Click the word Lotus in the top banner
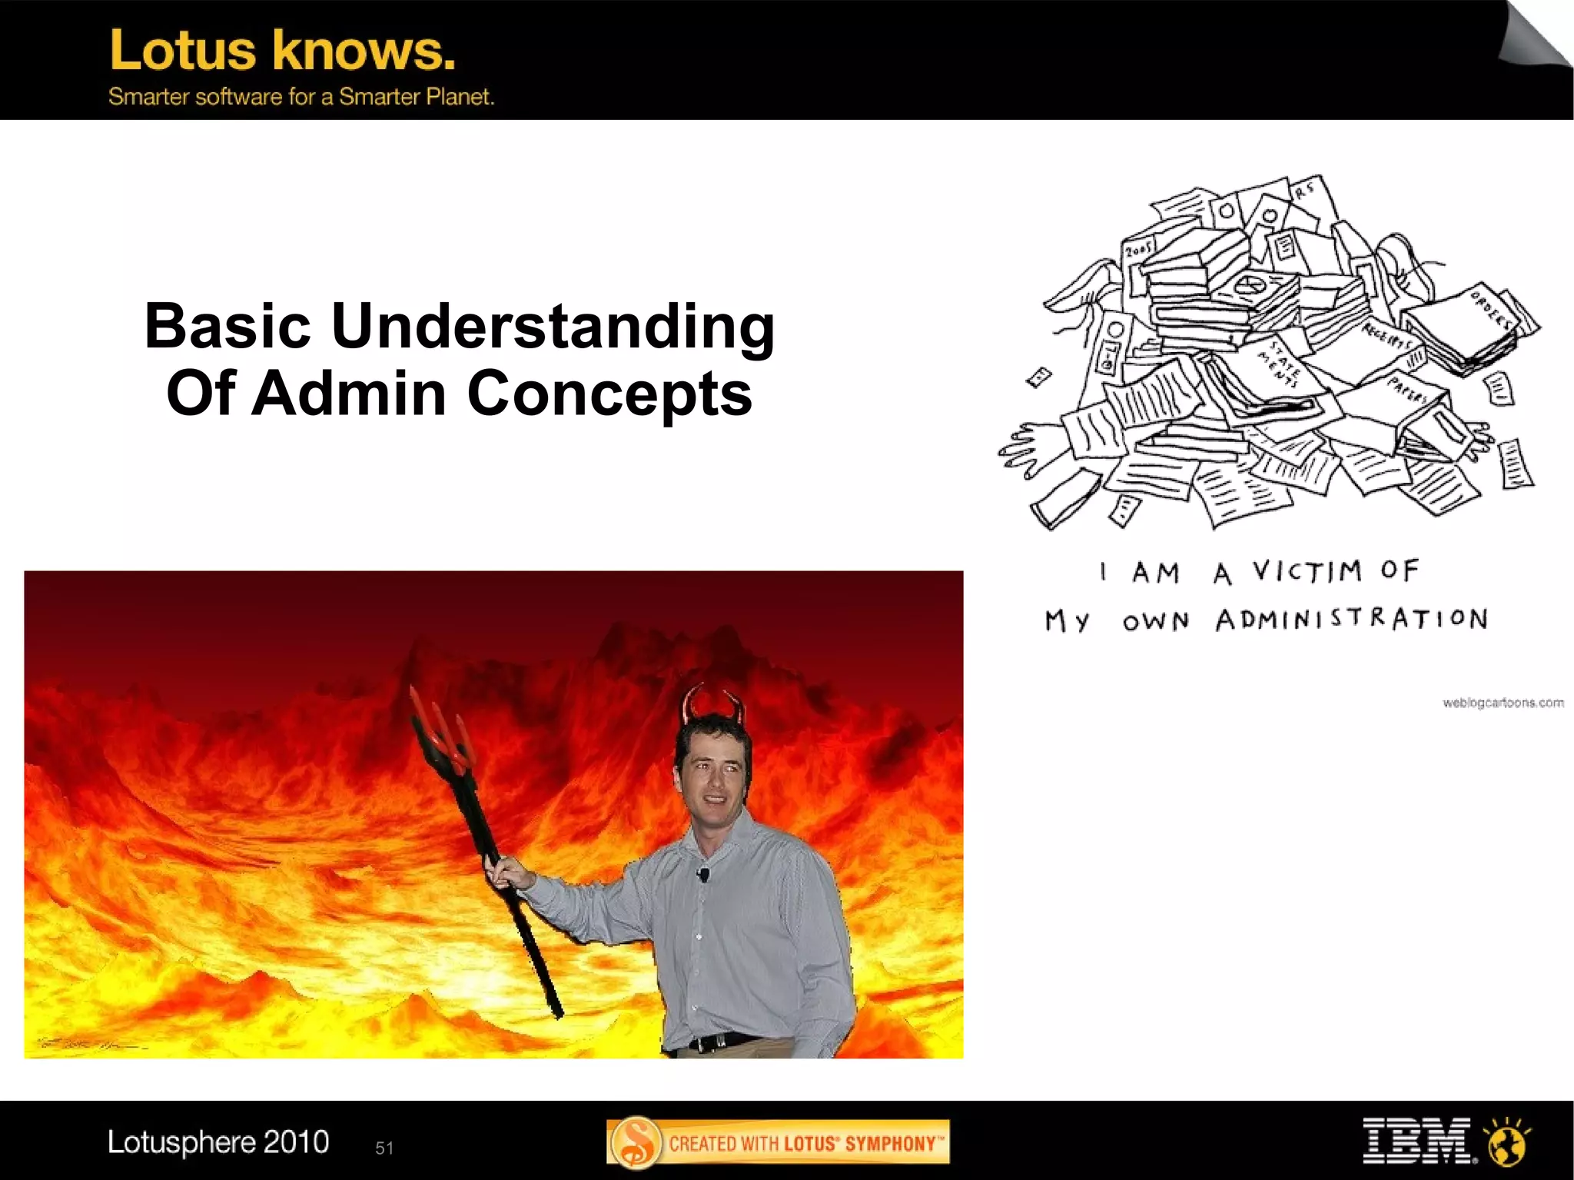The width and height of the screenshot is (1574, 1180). click(183, 51)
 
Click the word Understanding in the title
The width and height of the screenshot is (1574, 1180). click(553, 326)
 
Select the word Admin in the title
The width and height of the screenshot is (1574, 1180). click(349, 393)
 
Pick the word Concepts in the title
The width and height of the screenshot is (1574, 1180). click(609, 393)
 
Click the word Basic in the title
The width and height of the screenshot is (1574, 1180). click(227, 326)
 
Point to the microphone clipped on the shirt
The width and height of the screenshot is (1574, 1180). click(702, 874)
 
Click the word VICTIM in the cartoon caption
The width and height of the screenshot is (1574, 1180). click(1307, 571)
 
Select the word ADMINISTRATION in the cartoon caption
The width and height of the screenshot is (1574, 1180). click(1352, 619)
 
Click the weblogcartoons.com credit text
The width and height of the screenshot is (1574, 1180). click(1503, 703)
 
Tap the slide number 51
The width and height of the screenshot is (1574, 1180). click(384, 1148)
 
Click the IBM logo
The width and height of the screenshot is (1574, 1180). click(1417, 1141)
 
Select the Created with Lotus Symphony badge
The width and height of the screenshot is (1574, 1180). click(778, 1142)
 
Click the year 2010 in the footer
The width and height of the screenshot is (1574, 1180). click(296, 1142)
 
